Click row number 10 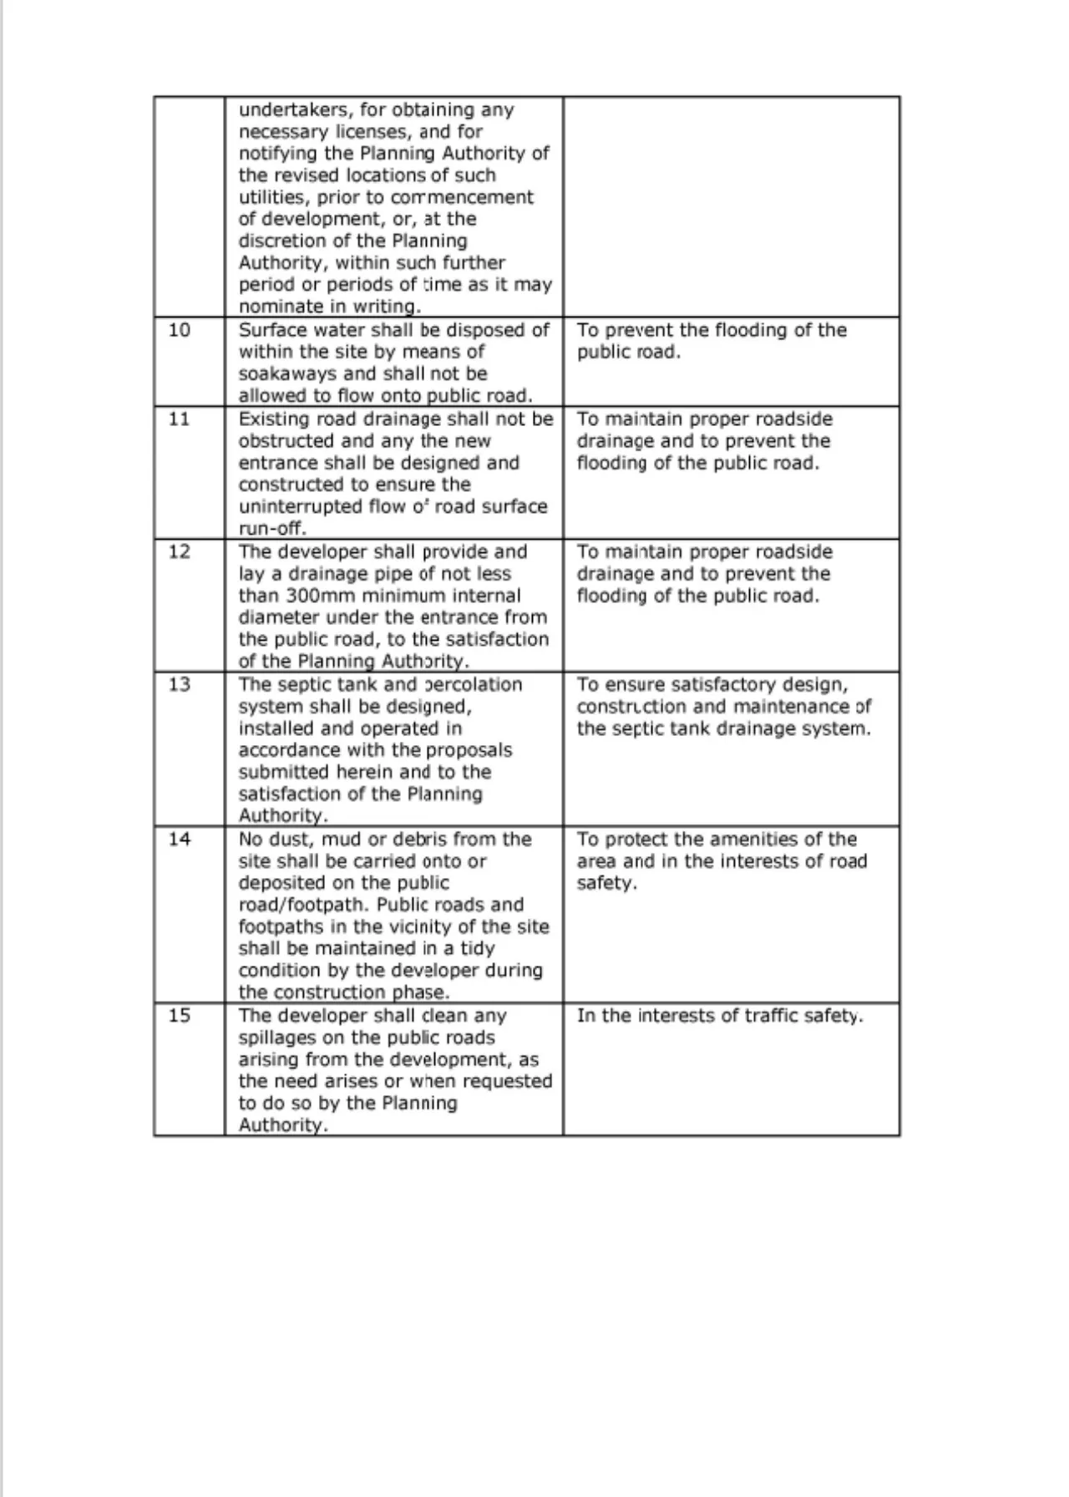click(x=180, y=330)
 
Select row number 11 click(x=180, y=419)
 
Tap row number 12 click(x=180, y=551)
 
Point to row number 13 click(x=180, y=684)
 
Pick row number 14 click(x=180, y=839)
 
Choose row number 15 click(x=180, y=1015)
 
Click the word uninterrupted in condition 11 click(x=293, y=506)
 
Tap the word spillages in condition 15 click(x=280, y=1038)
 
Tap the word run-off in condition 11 click(x=272, y=529)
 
